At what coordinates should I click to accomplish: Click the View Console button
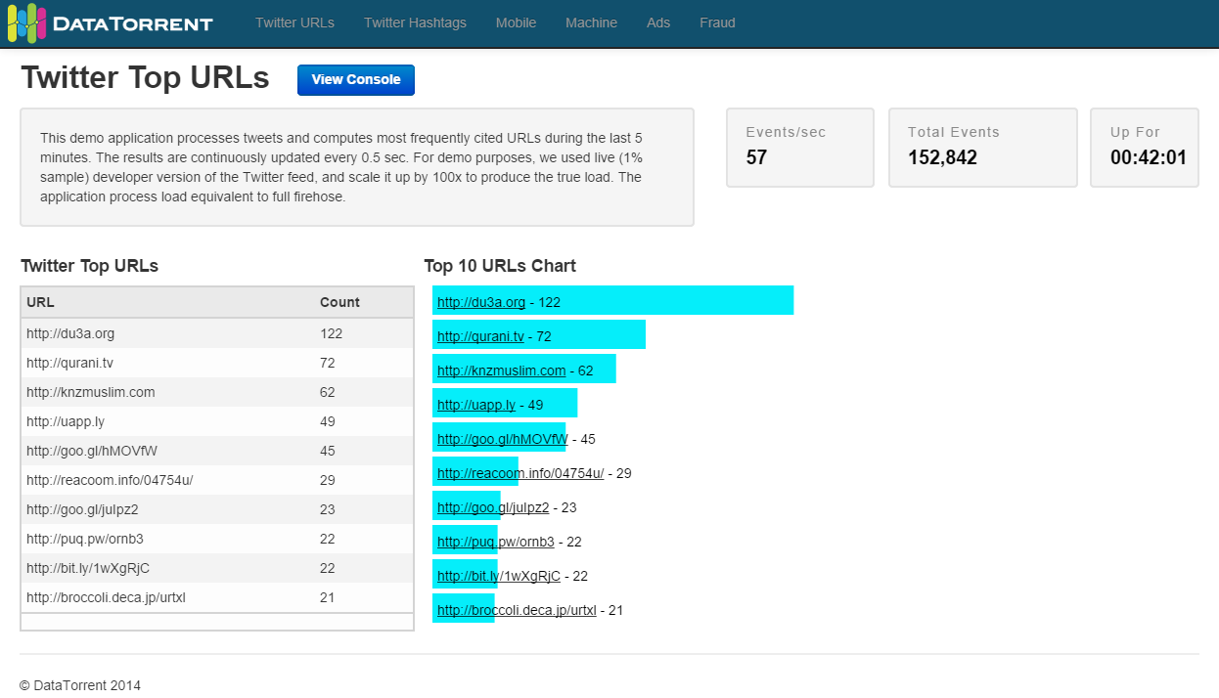tap(356, 80)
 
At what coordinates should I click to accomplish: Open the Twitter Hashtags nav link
tap(415, 22)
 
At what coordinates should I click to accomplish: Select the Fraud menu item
tap(717, 22)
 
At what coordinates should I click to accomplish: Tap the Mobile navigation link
tap(516, 22)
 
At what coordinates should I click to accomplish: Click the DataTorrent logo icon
tap(26, 22)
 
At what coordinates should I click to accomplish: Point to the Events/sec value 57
tap(756, 157)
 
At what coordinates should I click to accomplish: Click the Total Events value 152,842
tap(942, 157)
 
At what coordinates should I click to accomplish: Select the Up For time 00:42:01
tap(1148, 157)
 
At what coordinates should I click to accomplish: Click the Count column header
tap(339, 302)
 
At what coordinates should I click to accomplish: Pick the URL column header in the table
tap(40, 302)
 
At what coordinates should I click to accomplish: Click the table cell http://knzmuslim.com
tap(90, 392)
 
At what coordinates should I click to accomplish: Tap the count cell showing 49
tap(328, 421)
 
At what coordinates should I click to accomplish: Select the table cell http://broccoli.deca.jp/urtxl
tap(106, 597)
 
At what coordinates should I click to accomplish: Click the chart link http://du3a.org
tap(481, 302)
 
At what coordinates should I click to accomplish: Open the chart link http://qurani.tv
tap(480, 336)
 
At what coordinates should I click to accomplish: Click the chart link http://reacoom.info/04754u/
tap(520, 473)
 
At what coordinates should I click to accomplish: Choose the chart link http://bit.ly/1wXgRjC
tap(499, 576)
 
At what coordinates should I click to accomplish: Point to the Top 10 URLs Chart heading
tap(500, 266)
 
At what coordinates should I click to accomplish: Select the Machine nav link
tap(591, 22)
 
